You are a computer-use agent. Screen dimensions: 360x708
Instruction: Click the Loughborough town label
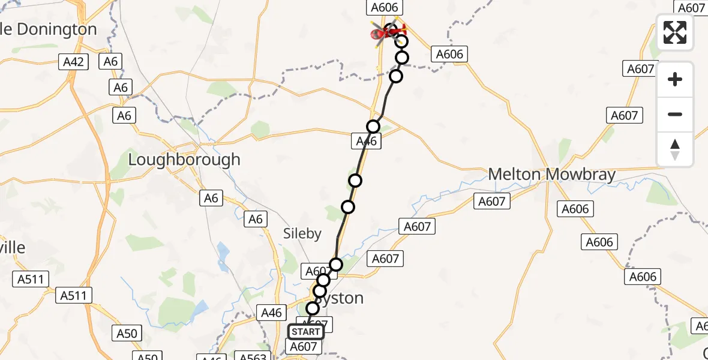click(184, 160)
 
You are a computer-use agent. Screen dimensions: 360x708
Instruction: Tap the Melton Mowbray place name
click(551, 175)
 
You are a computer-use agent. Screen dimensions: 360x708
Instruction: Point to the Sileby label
click(302, 234)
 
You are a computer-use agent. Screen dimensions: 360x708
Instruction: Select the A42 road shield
click(74, 61)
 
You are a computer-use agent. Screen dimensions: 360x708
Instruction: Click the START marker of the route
click(306, 332)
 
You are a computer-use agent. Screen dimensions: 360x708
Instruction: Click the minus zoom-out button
click(675, 114)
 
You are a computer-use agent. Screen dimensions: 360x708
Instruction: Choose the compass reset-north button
click(675, 149)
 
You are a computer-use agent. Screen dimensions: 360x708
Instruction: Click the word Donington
click(58, 29)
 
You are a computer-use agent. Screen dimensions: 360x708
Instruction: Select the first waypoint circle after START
click(313, 308)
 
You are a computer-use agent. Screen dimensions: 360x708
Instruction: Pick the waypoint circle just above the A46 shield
click(373, 127)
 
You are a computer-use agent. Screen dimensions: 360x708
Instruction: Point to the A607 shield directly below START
click(303, 346)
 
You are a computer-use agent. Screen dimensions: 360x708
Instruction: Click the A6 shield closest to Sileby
click(256, 219)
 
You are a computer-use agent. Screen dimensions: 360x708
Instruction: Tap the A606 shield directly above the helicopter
click(384, 7)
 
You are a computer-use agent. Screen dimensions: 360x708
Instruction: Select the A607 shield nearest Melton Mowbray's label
click(492, 202)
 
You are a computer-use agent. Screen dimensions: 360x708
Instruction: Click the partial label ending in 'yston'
click(343, 298)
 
